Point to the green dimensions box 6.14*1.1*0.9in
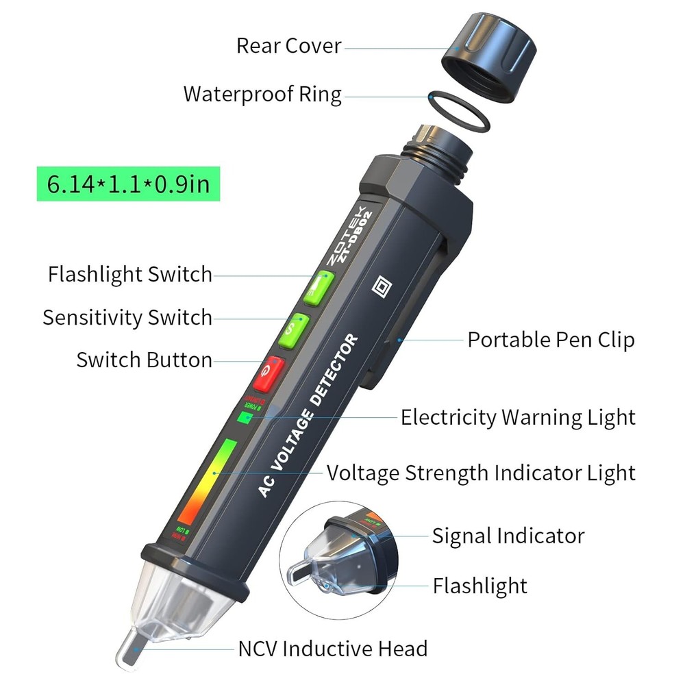click(x=129, y=185)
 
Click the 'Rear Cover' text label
click(x=288, y=46)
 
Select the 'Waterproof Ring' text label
click(x=262, y=94)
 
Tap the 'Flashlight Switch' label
click(x=130, y=275)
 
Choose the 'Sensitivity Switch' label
click(x=127, y=317)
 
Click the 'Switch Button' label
click(x=144, y=360)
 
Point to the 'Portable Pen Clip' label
click(x=551, y=340)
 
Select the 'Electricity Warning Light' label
click(x=518, y=416)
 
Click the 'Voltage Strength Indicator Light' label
click(x=481, y=473)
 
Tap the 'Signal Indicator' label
click(x=508, y=536)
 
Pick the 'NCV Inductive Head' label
click(x=333, y=648)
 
